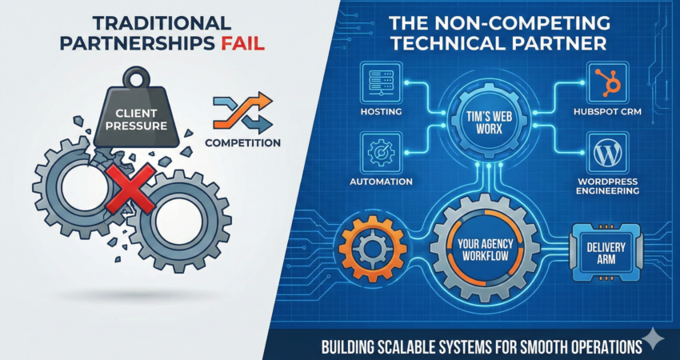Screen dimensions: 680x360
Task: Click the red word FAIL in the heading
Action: [240, 44]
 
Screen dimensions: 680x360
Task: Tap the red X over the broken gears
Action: [130, 189]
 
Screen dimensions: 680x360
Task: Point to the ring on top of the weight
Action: [135, 76]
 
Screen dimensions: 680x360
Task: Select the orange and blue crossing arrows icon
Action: [242, 112]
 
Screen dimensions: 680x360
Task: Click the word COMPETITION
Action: [242, 142]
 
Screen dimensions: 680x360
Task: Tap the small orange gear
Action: [373, 249]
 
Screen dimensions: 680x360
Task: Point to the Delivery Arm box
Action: [606, 253]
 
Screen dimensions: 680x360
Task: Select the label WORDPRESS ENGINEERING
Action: [607, 186]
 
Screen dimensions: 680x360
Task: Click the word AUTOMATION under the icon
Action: [381, 182]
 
